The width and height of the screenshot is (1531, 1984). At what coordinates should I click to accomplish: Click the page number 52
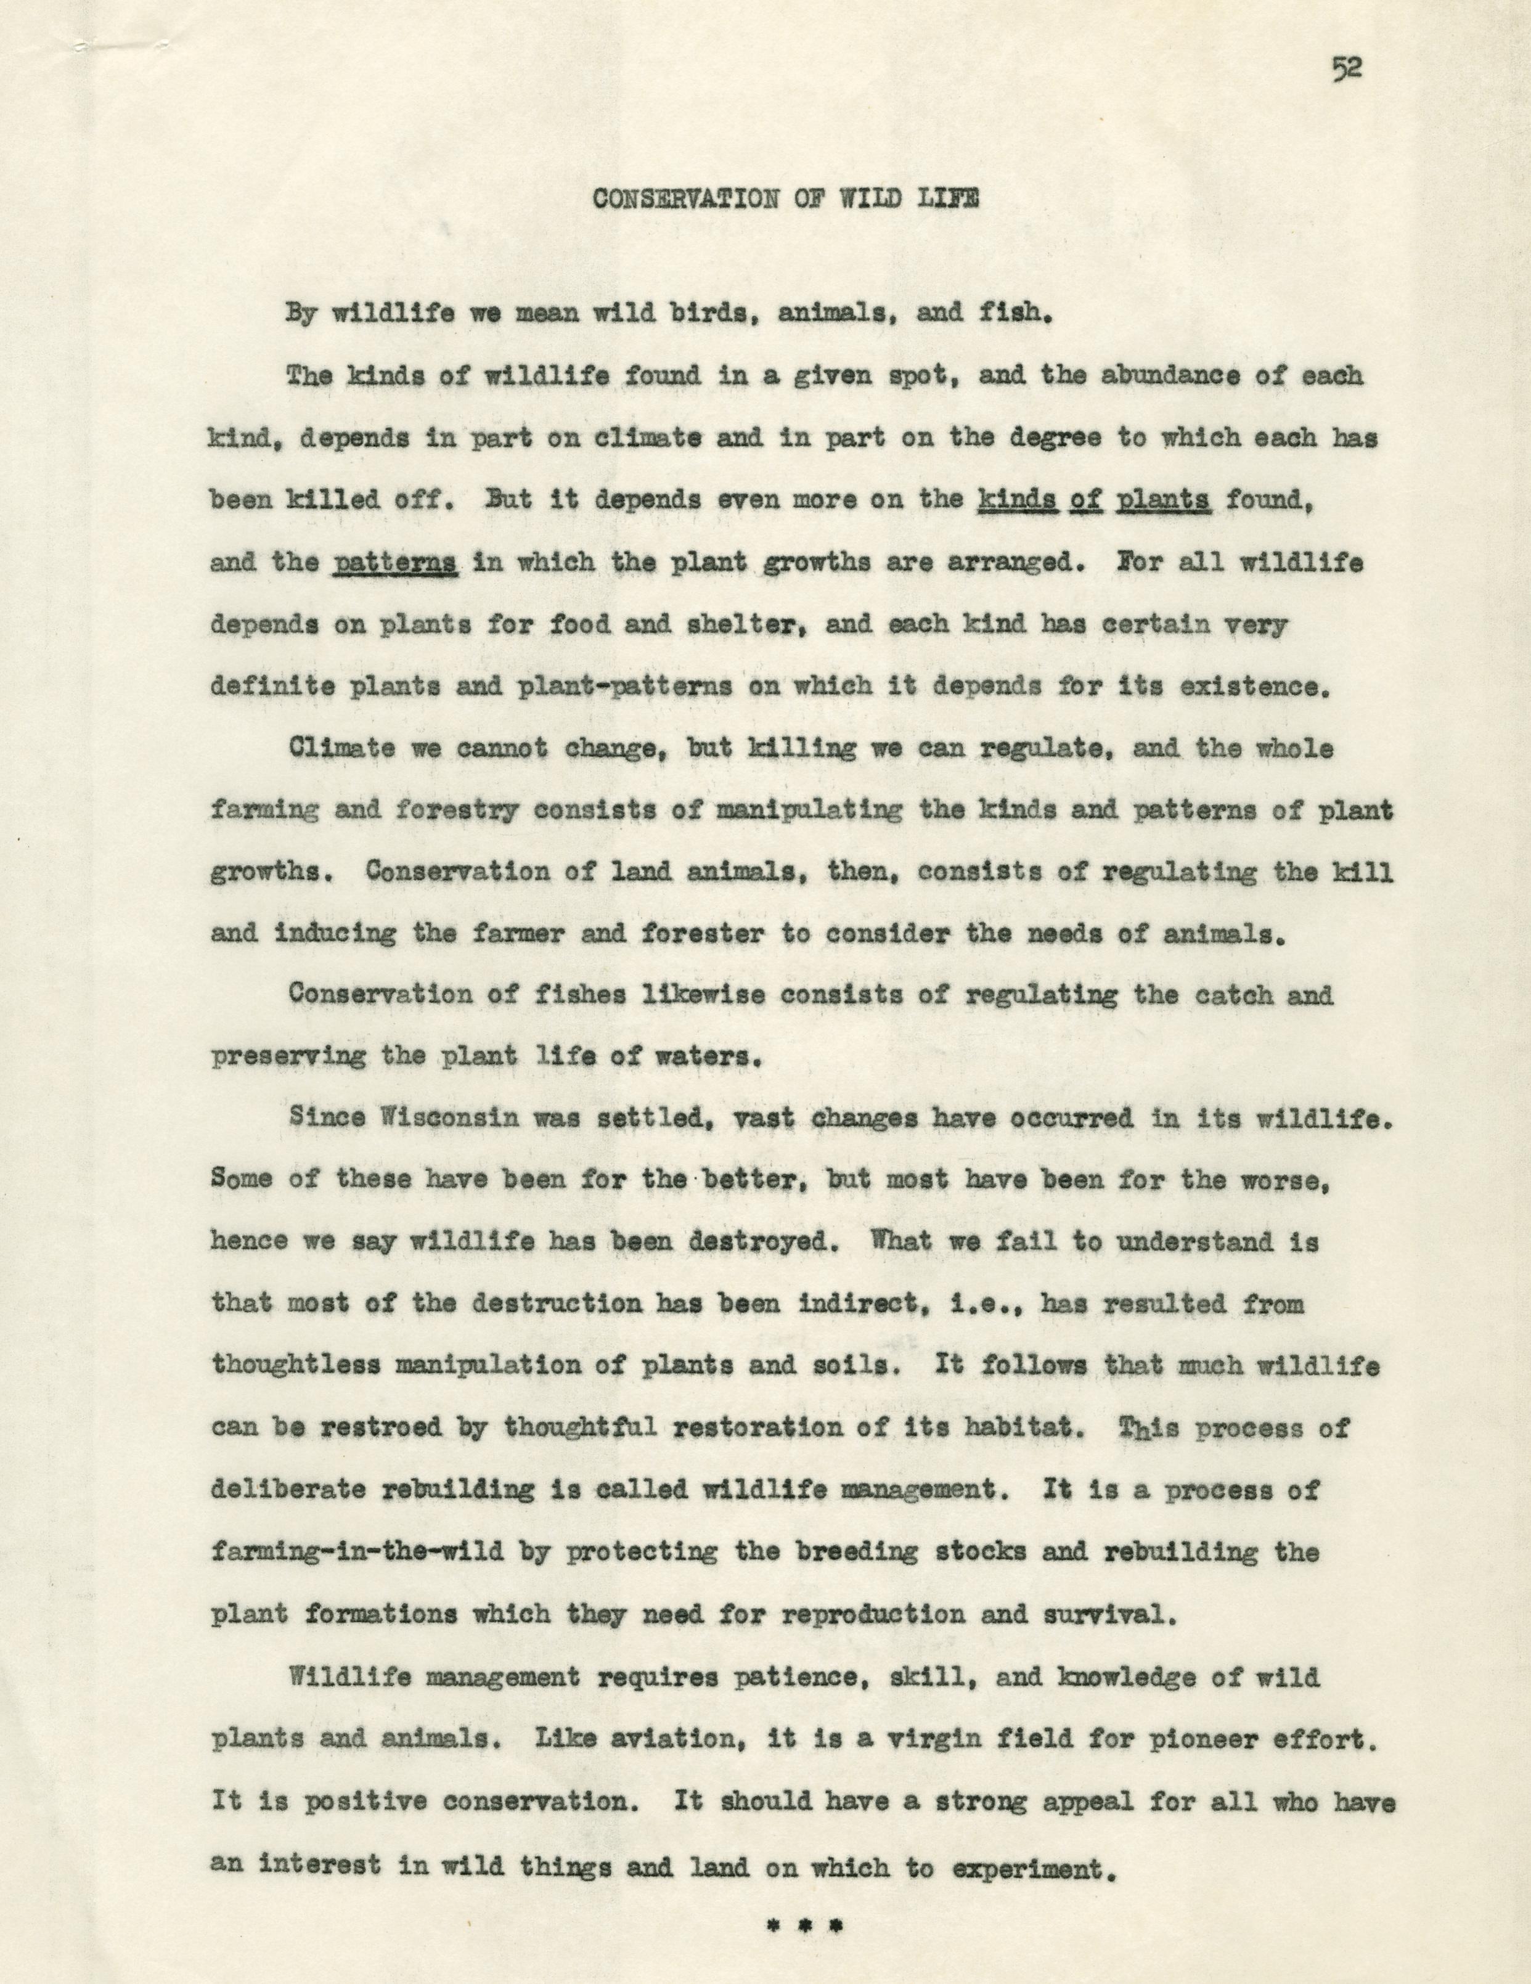pos(1345,70)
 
